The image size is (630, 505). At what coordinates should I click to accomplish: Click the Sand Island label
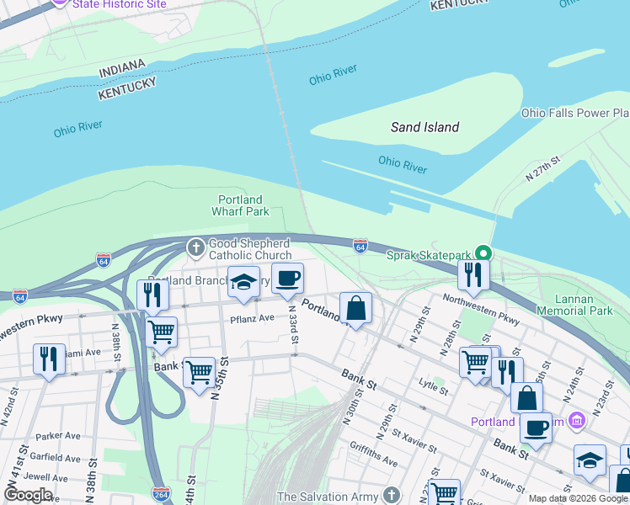[x=424, y=127]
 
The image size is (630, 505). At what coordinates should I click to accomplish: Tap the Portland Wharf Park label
[x=240, y=205]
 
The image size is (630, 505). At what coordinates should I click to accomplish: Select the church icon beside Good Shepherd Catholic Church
[x=195, y=247]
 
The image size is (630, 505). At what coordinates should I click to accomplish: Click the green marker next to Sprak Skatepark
[x=483, y=253]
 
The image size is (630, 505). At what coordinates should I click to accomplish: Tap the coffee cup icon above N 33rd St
[x=287, y=277]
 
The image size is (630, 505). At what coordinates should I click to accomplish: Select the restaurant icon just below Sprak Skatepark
[x=473, y=274]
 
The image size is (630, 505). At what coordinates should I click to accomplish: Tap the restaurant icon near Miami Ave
[x=49, y=359]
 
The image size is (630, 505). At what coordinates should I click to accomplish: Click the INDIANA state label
[x=123, y=70]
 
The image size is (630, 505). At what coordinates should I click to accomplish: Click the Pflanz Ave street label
[x=253, y=318]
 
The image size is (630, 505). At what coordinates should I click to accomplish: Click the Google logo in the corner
[x=27, y=495]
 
